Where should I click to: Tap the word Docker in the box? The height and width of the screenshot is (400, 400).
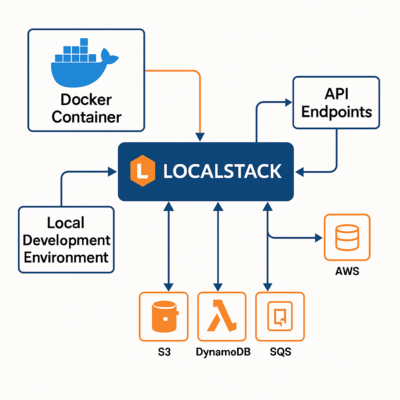(86, 100)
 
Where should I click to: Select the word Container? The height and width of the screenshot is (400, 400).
(86, 117)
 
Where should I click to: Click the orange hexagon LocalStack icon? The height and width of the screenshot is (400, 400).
(143, 171)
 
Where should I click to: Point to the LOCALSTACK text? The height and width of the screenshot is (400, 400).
(222, 171)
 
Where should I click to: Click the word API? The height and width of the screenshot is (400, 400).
(336, 94)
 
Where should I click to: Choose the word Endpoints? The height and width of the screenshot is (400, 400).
(336, 112)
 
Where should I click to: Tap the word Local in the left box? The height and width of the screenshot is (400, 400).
(66, 223)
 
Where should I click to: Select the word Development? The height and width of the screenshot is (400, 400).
(66, 240)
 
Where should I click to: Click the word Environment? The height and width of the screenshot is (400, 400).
(66, 257)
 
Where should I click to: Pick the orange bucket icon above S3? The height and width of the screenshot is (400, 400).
(164, 316)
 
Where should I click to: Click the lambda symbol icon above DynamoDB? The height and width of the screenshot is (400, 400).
(221, 316)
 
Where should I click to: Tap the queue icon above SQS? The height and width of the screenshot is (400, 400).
(280, 316)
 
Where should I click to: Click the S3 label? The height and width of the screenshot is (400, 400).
(164, 352)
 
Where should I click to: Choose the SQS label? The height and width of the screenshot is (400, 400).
(280, 352)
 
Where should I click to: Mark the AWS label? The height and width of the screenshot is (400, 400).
(347, 271)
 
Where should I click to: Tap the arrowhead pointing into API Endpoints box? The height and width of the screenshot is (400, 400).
(289, 103)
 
